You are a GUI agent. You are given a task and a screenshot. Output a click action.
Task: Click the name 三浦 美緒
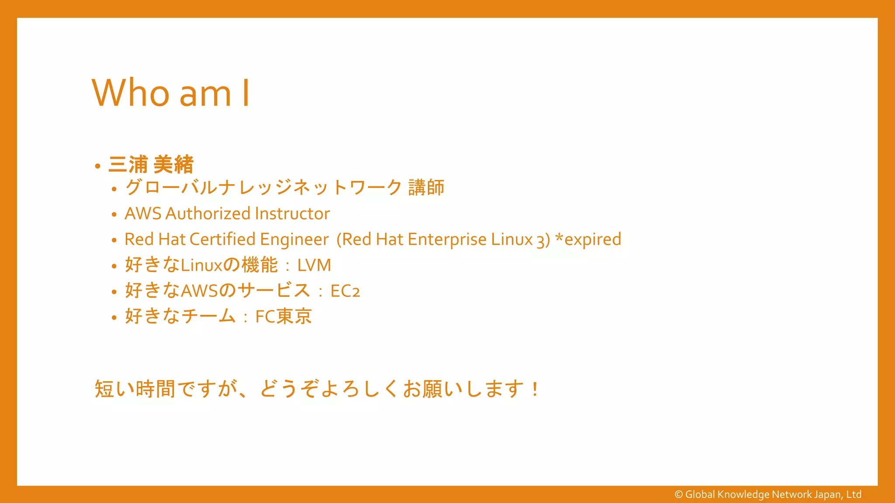151,165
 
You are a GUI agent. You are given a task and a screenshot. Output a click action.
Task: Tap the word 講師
426,188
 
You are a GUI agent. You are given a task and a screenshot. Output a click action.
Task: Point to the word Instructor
292,214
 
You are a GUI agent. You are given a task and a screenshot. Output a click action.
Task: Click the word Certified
222,239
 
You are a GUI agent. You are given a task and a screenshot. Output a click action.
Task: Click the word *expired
588,239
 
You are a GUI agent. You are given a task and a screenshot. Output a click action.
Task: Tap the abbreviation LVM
314,265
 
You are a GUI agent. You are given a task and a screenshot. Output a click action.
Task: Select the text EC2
345,291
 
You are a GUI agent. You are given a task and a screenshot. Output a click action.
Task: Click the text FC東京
284,317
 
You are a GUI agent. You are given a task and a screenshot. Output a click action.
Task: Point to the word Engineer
294,239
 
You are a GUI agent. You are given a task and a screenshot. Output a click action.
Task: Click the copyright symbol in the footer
679,494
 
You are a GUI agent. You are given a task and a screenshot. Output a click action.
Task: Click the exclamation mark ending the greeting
535,389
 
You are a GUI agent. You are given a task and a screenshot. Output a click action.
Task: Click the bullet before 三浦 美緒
97,166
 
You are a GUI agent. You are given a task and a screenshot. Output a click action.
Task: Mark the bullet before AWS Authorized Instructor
114,214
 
